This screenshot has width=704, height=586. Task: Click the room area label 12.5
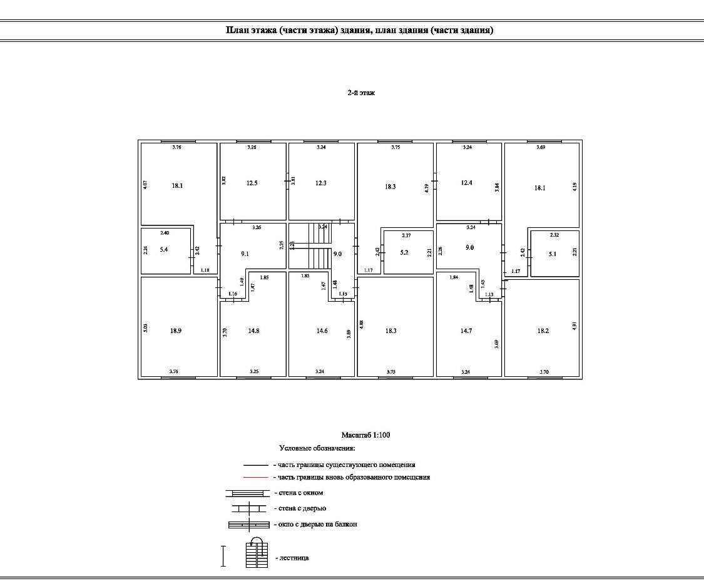coord(252,183)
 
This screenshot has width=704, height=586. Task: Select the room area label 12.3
coord(321,183)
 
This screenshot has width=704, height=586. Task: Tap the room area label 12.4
coord(466,183)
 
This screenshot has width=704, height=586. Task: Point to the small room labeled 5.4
coord(165,250)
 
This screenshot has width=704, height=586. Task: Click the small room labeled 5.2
coord(404,252)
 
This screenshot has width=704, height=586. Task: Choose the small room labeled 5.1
coord(553,254)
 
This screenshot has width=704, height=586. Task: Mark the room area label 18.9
coord(176,331)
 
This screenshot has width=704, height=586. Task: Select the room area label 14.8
coord(253,331)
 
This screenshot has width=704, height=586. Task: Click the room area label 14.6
coord(322,331)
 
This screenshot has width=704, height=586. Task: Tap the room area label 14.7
coord(466,331)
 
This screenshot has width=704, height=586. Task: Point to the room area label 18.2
coord(543,331)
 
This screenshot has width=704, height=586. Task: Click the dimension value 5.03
coord(145,327)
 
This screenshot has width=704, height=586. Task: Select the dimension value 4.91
coord(574,326)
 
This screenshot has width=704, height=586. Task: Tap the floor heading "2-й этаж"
coord(361,93)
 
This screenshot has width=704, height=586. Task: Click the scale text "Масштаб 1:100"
coord(365,435)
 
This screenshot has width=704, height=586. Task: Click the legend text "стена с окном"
coord(300,493)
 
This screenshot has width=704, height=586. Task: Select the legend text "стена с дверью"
coord(302,508)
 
